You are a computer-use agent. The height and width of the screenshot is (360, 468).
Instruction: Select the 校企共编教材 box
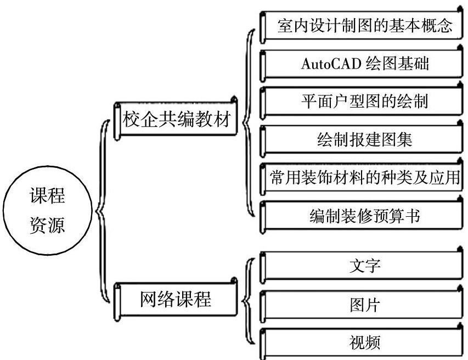175,119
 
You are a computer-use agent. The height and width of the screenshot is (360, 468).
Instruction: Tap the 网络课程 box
175,301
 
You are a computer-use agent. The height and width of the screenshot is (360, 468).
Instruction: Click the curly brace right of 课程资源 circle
100,211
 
